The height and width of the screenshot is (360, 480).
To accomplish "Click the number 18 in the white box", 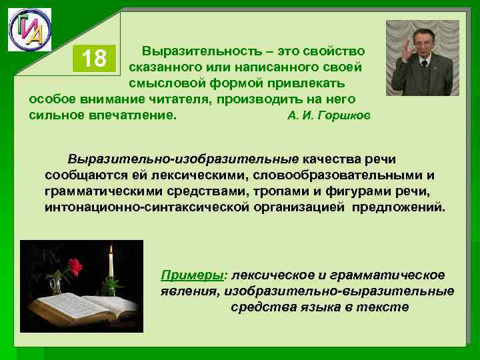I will pos(94,59).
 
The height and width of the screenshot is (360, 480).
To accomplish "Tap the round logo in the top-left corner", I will pos(29,30).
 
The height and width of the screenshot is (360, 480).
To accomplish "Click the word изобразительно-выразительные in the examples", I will pos(339,291).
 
